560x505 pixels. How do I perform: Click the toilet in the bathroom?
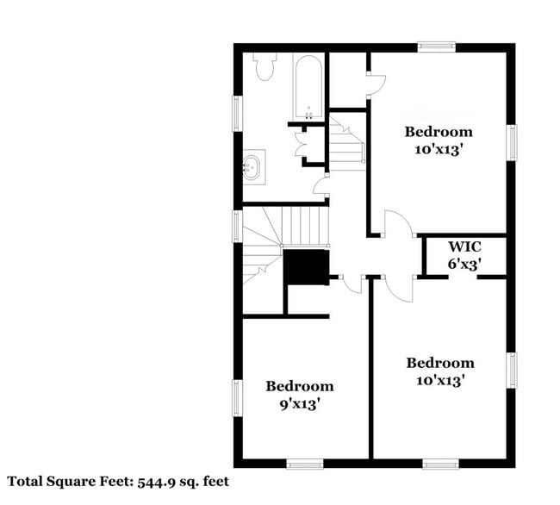264,67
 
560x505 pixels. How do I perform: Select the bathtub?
308,87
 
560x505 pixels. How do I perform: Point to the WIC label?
464,247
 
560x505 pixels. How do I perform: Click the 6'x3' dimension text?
464,265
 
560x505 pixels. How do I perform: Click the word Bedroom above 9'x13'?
299,386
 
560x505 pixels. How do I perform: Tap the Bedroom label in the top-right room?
439,132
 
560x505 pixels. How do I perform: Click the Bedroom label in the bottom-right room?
439,363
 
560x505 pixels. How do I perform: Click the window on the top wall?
437,47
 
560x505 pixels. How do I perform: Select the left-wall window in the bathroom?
238,113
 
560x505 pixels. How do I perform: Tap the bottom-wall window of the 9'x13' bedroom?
304,464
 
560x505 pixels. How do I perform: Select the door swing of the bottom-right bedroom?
398,289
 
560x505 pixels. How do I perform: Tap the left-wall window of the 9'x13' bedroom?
238,399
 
